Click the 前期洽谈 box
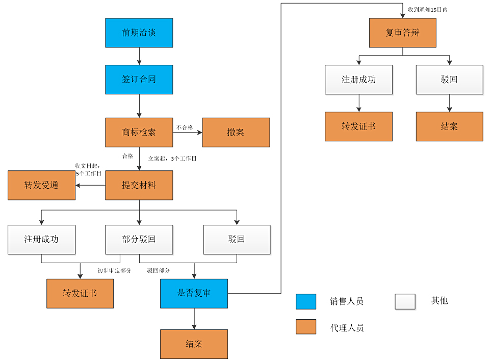click(x=139, y=33)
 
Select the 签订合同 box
click(x=139, y=80)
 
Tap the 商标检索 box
click(x=139, y=133)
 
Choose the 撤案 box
click(x=236, y=133)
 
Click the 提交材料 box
click(x=139, y=185)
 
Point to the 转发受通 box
click(x=41, y=185)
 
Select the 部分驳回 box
click(x=139, y=239)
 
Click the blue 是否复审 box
click(x=194, y=293)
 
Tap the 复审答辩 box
click(x=402, y=33)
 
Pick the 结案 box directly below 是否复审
click(x=194, y=344)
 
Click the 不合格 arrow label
click(x=185, y=127)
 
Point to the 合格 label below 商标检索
click(x=127, y=156)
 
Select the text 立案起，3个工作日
click(x=172, y=159)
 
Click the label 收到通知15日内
click(x=427, y=10)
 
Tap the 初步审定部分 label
click(x=114, y=270)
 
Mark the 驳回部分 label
click(x=159, y=270)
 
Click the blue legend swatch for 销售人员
click(x=306, y=301)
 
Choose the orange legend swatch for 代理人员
click(x=306, y=327)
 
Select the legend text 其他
click(x=439, y=301)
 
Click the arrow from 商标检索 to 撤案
click(x=188, y=133)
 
